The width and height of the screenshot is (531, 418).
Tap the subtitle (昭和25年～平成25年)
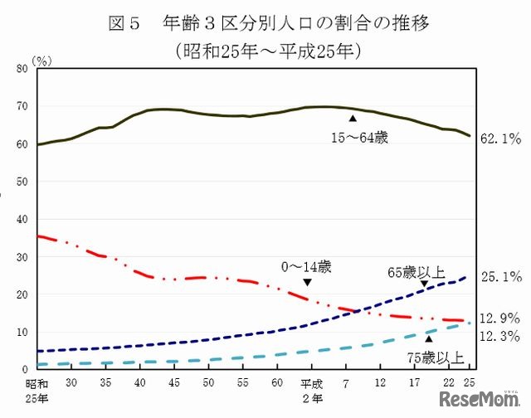pyautogui.click(x=266, y=51)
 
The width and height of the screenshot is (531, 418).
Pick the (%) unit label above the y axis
pyautogui.click(x=41, y=61)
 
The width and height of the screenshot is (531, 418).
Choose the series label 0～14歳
pyautogui.click(x=305, y=266)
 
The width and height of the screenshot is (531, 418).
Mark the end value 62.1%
pyautogui.click(x=501, y=139)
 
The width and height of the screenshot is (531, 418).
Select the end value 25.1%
pyautogui.click(x=501, y=276)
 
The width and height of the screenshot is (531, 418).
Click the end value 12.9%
pyautogui.click(x=501, y=318)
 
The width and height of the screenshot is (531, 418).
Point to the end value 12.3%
pyautogui.click(x=501, y=335)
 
